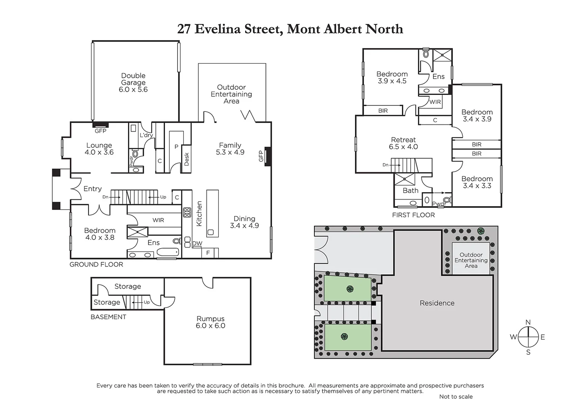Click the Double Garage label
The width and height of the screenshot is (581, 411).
133,83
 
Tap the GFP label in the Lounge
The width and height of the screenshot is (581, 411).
100,131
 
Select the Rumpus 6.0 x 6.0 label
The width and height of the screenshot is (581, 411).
210,322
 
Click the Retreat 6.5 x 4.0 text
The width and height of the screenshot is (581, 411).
403,143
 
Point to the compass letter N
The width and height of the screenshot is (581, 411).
528,323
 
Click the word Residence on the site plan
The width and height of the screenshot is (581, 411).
437,303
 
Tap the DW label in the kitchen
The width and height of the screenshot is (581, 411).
197,244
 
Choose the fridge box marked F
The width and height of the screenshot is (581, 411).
208,253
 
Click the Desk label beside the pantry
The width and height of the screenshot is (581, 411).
187,159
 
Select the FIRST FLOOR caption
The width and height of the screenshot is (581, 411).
413,215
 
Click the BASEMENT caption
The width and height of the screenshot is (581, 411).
108,317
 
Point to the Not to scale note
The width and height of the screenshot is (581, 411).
456,397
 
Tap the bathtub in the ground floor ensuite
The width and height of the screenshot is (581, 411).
168,252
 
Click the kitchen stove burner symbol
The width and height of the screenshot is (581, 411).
187,212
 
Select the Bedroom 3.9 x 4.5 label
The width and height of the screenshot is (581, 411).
392,78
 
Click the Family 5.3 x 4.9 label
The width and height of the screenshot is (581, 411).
230,148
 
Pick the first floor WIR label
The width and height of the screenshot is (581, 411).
435,102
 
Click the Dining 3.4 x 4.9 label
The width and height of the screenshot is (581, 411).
244,222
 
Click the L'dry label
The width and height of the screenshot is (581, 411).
146,135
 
